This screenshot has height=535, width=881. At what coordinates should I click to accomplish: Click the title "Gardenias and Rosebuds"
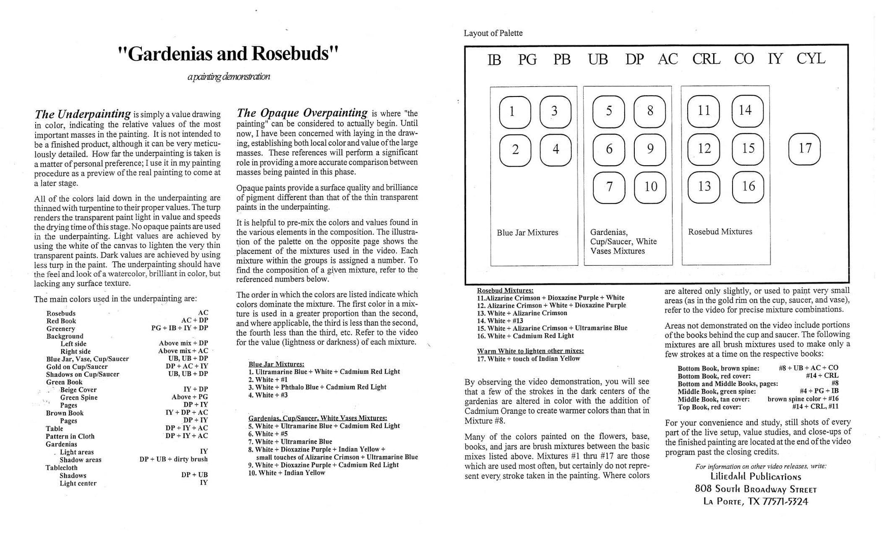tap(228, 54)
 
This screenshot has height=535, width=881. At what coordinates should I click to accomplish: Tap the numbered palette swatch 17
tap(804, 149)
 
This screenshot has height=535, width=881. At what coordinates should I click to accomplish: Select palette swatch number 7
tap(609, 187)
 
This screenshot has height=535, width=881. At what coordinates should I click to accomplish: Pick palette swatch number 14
tap(747, 111)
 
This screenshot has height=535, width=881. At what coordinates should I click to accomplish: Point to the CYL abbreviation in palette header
tap(811, 59)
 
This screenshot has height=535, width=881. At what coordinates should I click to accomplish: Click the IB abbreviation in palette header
tap(494, 59)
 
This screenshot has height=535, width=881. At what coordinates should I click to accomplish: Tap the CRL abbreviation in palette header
tap(706, 59)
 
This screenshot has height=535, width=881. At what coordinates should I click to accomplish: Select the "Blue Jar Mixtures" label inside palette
tap(527, 233)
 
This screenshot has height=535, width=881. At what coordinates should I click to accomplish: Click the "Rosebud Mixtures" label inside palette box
tap(720, 232)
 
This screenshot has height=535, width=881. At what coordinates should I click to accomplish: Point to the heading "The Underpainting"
tap(83, 114)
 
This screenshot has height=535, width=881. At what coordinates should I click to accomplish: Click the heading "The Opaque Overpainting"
tap(302, 113)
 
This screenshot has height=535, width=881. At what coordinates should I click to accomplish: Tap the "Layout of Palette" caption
tap(493, 33)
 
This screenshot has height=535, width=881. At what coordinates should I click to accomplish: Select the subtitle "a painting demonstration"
tap(228, 77)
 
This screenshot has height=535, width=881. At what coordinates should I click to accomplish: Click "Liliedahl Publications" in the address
tap(755, 476)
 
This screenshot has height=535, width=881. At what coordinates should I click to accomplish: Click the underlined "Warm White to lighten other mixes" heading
tap(530, 351)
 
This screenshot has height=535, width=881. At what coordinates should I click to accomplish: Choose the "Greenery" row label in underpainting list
tap(61, 329)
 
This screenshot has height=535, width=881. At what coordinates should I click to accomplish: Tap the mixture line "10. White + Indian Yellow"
tap(287, 473)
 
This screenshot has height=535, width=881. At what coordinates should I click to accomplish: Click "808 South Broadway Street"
tap(755, 489)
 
